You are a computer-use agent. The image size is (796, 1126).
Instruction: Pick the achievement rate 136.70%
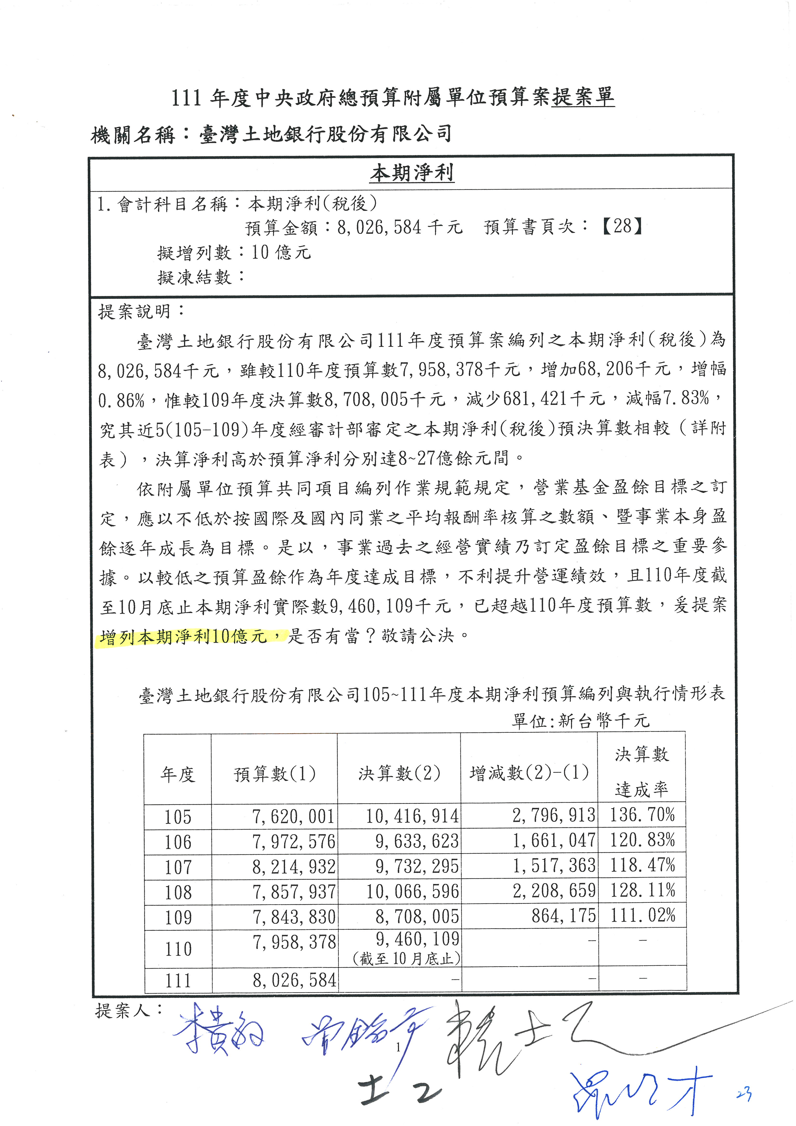coord(642,815)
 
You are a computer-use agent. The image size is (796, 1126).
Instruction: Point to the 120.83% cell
coord(642,841)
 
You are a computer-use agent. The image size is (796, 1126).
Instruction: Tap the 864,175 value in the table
coord(564,916)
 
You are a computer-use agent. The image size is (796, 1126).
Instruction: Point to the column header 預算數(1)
coord(274,774)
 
